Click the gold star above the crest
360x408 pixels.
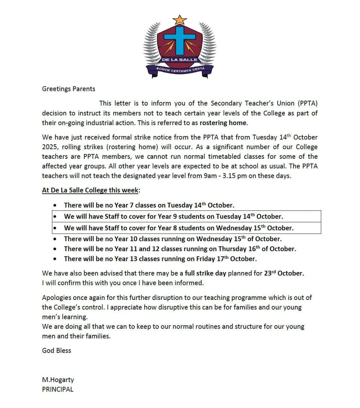point(180,20)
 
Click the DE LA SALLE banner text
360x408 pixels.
point(180,60)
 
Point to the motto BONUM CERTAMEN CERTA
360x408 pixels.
point(180,70)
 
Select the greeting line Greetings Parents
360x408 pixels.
point(69,89)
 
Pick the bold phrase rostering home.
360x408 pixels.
point(223,123)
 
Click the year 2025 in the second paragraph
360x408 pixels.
point(49,147)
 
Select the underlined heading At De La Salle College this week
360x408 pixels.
point(90,190)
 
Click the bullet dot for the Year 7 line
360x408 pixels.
point(56,205)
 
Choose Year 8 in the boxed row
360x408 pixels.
point(170,228)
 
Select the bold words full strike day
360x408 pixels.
point(205,273)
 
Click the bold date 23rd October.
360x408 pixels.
point(284,273)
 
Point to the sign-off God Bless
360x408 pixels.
point(56,351)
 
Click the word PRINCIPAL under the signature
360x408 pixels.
point(58,389)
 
